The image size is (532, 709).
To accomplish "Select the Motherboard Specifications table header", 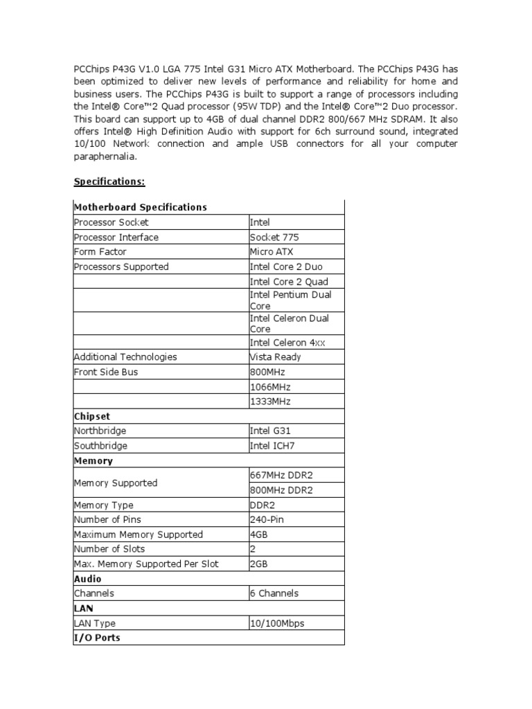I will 141,207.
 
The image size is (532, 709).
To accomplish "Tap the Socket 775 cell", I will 274,237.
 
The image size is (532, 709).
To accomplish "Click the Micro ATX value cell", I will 271,252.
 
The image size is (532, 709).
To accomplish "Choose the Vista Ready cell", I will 276,357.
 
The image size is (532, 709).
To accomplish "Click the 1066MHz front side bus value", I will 268,387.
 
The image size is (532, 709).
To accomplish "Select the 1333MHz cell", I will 268,402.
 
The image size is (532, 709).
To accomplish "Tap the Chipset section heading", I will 92,417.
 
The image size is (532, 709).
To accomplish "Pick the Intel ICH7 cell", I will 272,447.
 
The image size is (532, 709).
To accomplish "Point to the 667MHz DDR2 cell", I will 281,476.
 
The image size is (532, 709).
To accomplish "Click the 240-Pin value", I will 267,520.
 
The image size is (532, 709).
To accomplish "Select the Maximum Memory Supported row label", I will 139,535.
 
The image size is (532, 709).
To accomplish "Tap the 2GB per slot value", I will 258,564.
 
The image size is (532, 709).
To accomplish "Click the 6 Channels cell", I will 274,593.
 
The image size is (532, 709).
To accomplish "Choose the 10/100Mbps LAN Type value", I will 277,623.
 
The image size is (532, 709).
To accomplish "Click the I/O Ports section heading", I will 97,638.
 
